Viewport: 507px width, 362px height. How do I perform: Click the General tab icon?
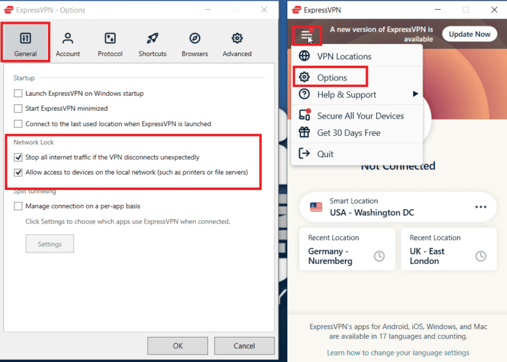(26, 38)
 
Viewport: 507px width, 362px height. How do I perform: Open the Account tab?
(67, 44)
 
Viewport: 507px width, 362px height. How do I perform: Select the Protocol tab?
(110, 44)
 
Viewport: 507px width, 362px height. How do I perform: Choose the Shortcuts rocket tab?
(152, 44)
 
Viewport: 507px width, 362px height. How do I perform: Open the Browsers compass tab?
(195, 44)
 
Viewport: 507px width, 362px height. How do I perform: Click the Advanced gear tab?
(237, 44)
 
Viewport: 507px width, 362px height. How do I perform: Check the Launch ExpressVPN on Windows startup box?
(18, 94)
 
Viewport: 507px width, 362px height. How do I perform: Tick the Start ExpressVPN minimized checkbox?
(18, 108)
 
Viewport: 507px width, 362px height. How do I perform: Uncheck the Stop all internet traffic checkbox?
(18, 158)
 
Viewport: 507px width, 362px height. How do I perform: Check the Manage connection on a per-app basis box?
(18, 206)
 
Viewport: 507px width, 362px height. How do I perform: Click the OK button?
(178, 346)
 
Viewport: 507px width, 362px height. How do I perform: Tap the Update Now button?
(469, 34)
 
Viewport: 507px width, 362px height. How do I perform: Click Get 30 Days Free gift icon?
(304, 132)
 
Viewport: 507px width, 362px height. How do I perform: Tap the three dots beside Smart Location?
(481, 207)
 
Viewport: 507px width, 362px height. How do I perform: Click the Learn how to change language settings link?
(397, 353)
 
